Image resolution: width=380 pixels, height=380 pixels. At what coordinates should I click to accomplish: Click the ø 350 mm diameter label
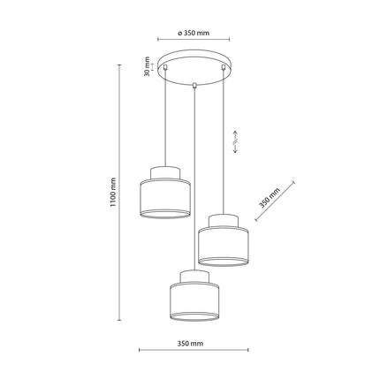(x=194, y=33)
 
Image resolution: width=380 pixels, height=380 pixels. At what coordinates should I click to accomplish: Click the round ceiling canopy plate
(x=194, y=70)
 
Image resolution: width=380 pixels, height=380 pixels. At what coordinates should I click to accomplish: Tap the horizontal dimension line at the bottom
(x=192, y=351)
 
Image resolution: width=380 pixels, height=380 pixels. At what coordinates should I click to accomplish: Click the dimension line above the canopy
(x=194, y=40)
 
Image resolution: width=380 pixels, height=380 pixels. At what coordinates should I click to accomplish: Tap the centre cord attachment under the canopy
(x=194, y=86)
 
